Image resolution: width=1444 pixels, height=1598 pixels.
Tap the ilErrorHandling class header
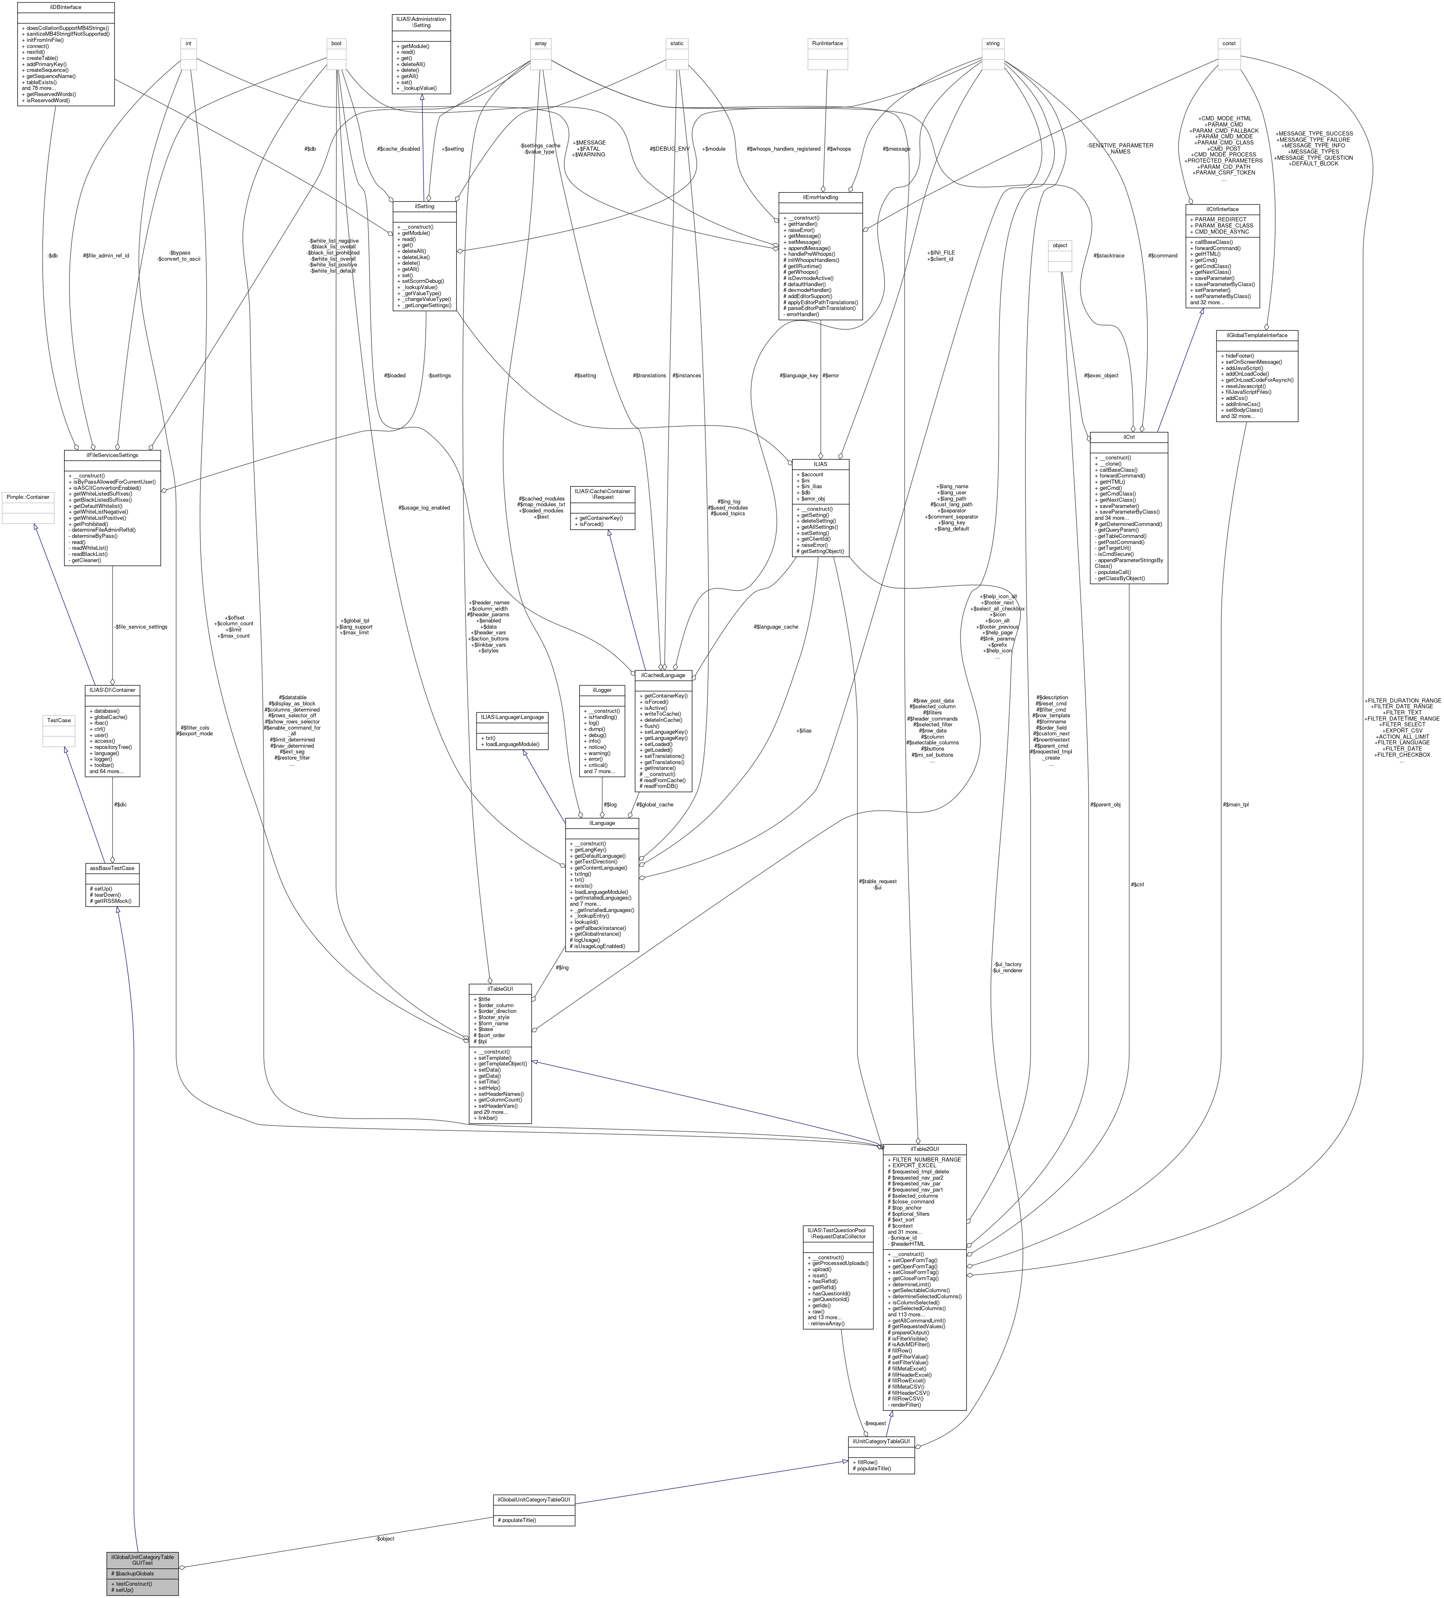[x=820, y=197]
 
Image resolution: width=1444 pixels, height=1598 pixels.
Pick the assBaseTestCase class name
[x=112, y=868]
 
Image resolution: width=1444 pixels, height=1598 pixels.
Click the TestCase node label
[x=59, y=721]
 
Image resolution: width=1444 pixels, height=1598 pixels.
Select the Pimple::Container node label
[x=28, y=497]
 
